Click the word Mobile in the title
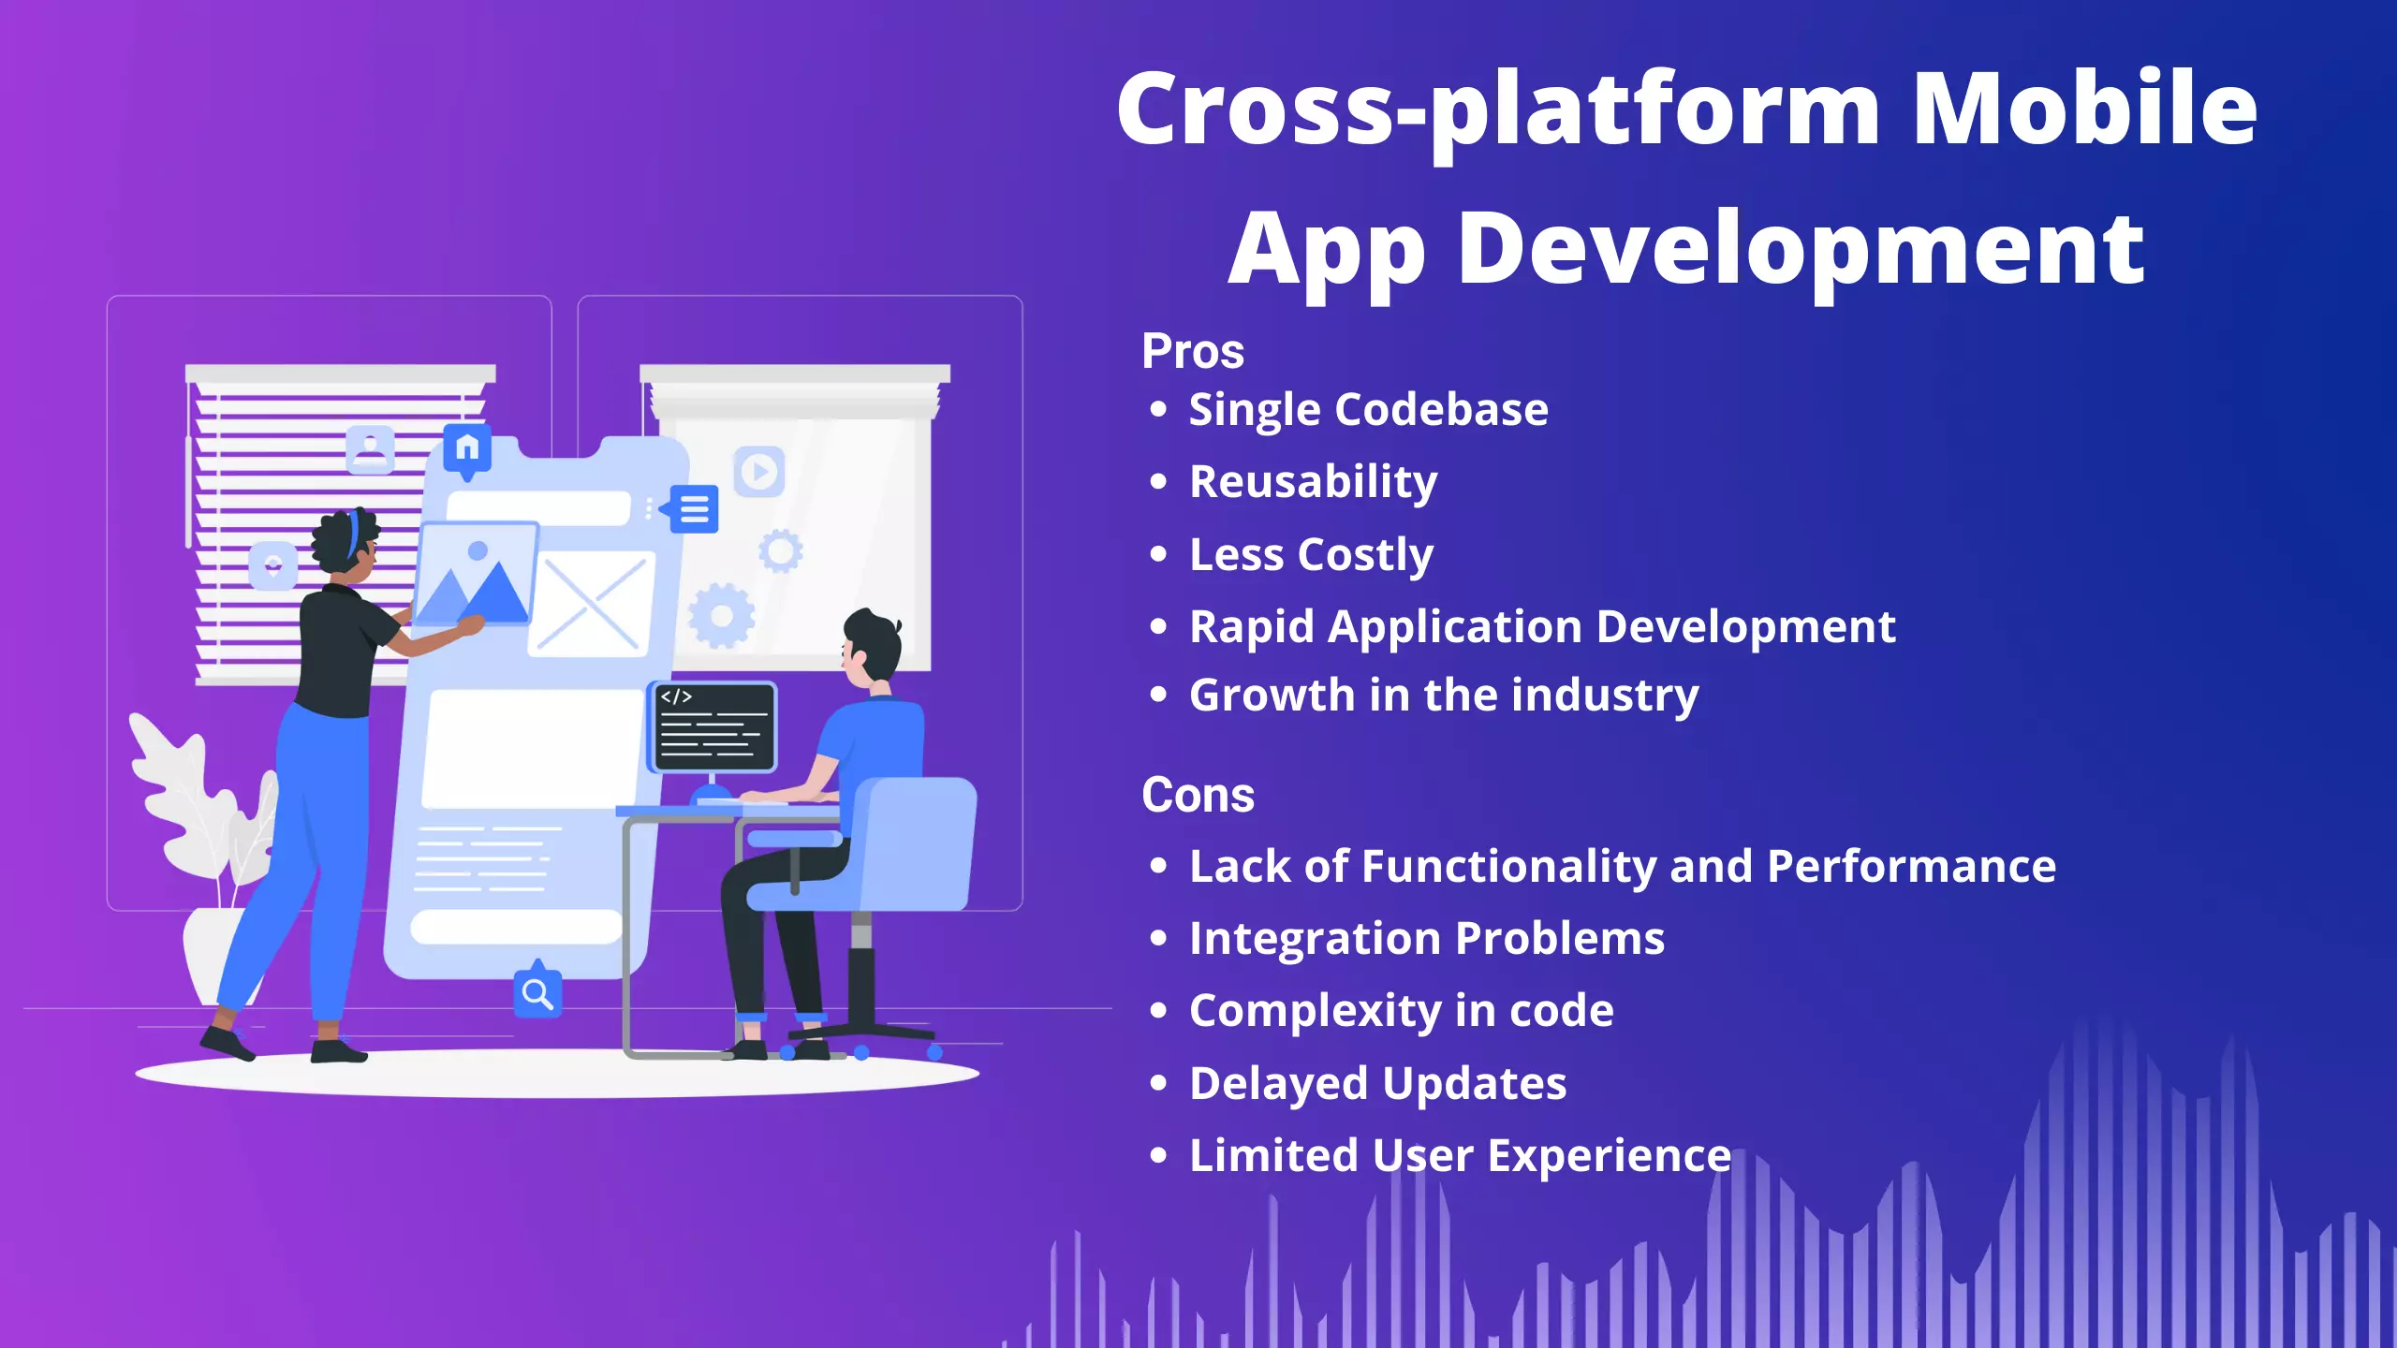point(2084,110)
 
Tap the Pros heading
point(1192,352)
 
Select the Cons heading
point(1198,796)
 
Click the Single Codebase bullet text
point(1368,410)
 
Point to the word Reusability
point(1313,482)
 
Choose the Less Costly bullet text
point(1311,554)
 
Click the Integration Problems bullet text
point(1426,938)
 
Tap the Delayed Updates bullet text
point(1377,1083)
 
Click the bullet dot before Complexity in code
point(1159,1011)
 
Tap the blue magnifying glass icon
point(537,993)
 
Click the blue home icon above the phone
point(467,448)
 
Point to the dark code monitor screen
point(714,726)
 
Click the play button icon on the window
point(758,471)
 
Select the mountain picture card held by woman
point(476,573)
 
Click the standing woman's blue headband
point(354,534)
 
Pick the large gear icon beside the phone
point(721,615)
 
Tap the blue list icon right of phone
point(694,509)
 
